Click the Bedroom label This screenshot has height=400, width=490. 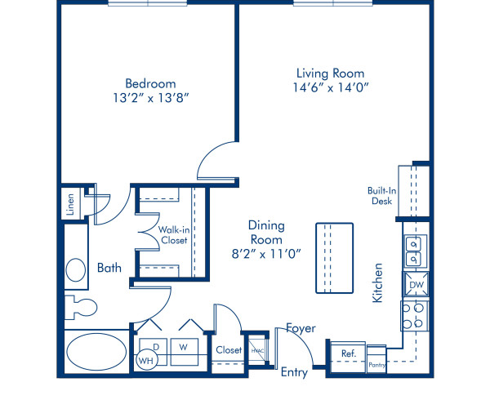150,84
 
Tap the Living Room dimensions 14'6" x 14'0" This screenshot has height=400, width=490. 331,87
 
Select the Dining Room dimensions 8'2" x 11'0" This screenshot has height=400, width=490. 266,254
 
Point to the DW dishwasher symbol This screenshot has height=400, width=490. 416,284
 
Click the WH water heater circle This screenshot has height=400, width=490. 146,360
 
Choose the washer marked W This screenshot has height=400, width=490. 184,352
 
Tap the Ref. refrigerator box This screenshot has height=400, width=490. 348,357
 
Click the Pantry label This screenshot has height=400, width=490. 376,365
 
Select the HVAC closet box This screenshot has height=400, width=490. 257,351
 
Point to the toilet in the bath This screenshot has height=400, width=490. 81,307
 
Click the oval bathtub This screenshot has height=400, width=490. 97,352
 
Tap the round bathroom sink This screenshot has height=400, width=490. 76,270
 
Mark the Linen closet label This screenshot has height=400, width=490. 70,205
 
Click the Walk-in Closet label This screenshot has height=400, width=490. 174,235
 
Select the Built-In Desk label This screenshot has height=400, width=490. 381,195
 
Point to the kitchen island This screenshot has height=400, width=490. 334,258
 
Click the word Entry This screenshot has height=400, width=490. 294,372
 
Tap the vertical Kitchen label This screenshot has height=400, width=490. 377,283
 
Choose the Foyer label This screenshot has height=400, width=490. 301,328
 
